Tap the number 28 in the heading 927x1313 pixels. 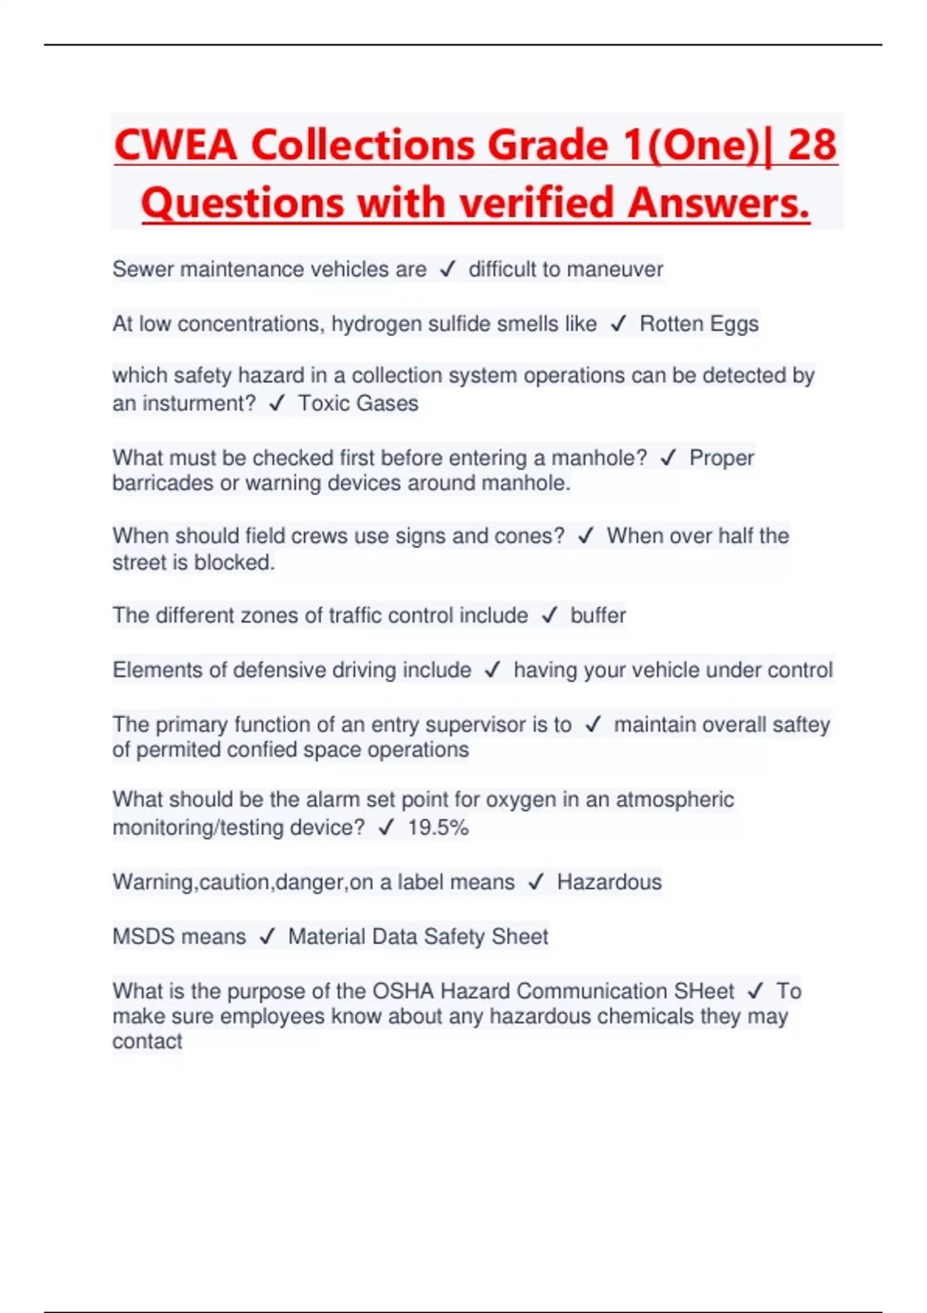pyautogui.click(x=812, y=145)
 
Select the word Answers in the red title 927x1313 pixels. pyautogui.click(x=718, y=203)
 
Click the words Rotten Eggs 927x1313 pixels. pyautogui.click(x=699, y=324)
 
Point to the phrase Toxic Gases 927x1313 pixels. pyautogui.click(x=358, y=403)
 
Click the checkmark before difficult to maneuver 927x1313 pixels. pyautogui.click(x=447, y=270)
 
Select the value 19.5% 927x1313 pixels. pyautogui.click(x=438, y=828)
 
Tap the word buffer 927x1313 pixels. pyautogui.click(x=598, y=616)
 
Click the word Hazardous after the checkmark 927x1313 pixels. pyautogui.click(x=610, y=882)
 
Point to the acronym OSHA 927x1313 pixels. pyautogui.click(x=403, y=991)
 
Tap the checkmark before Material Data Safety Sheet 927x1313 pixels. pyautogui.click(x=267, y=937)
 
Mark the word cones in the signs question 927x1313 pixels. pyautogui.click(x=538, y=536)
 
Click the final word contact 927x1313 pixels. pyautogui.click(x=148, y=1042)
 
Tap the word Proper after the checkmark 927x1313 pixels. pyautogui.click(x=722, y=458)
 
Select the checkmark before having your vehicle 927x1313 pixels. pyautogui.click(x=493, y=670)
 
